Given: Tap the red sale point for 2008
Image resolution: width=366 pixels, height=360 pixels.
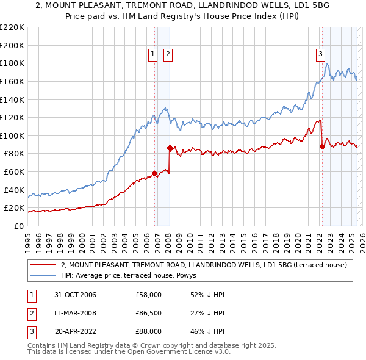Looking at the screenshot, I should click(170, 148).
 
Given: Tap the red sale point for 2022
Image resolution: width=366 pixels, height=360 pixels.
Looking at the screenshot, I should click(322, 146).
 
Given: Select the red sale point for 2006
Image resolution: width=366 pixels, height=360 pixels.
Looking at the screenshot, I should click(155, 173).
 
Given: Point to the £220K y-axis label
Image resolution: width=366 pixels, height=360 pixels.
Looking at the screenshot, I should click(12, 27).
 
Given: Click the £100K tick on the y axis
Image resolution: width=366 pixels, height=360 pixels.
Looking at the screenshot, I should click(12, 135).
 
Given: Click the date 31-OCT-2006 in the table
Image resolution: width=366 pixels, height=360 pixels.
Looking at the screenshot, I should click(76, 295).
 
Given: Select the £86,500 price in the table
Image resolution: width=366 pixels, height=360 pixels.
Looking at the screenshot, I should click(149, 314).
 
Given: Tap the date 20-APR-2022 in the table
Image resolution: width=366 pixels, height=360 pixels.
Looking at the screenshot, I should click(76, 332).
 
